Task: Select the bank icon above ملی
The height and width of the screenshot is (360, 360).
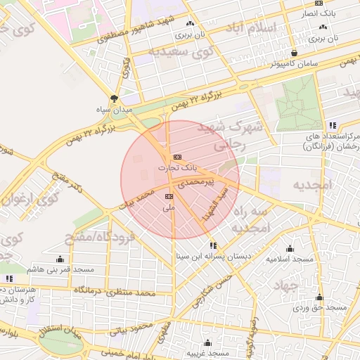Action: click(x=169, y=197)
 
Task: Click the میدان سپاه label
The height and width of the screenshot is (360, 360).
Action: click(x=115, y=110)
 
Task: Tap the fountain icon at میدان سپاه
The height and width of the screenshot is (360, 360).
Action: click(x=115, y=98)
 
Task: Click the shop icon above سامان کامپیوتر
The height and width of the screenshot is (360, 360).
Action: click(x=294, y=52)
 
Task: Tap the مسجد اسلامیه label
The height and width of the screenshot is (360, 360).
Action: click(x=290, y=259)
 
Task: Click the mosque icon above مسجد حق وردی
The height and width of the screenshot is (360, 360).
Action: click(x=320, y=297)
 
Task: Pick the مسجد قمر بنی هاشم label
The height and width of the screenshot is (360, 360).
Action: click(x=60, y=270)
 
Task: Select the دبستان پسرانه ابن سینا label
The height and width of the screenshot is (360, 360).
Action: click(x=213, y=257)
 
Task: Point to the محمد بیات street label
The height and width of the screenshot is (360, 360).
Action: click(x=135, y=198)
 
